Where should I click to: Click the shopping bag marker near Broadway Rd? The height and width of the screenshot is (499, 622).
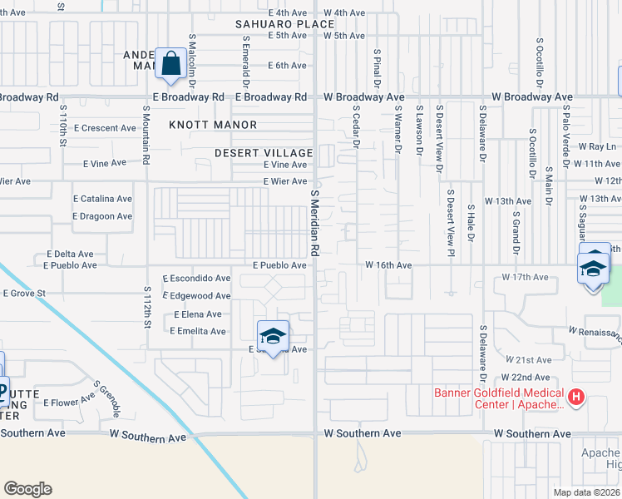(170, 63)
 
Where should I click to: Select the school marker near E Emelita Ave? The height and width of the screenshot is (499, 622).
(273, 336)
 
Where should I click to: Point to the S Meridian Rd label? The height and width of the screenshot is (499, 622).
(315, 222)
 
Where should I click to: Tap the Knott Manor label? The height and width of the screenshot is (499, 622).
(213, 125)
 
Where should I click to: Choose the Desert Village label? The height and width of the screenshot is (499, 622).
(263, 153)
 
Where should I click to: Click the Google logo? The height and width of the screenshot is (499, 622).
(27, 488)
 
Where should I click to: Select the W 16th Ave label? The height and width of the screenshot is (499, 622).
(388, 265)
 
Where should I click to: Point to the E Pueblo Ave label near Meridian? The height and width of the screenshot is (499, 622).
(279, 265)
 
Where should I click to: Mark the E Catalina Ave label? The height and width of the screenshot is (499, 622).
(102, 200)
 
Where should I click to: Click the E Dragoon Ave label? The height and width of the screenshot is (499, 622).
(102, 216)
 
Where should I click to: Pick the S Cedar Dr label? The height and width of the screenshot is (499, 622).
(355, 126)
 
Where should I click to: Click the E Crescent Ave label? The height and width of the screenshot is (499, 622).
(104, 128)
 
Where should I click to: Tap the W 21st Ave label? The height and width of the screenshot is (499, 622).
(528, 360)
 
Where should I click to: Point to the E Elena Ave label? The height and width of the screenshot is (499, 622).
(197, 314)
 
